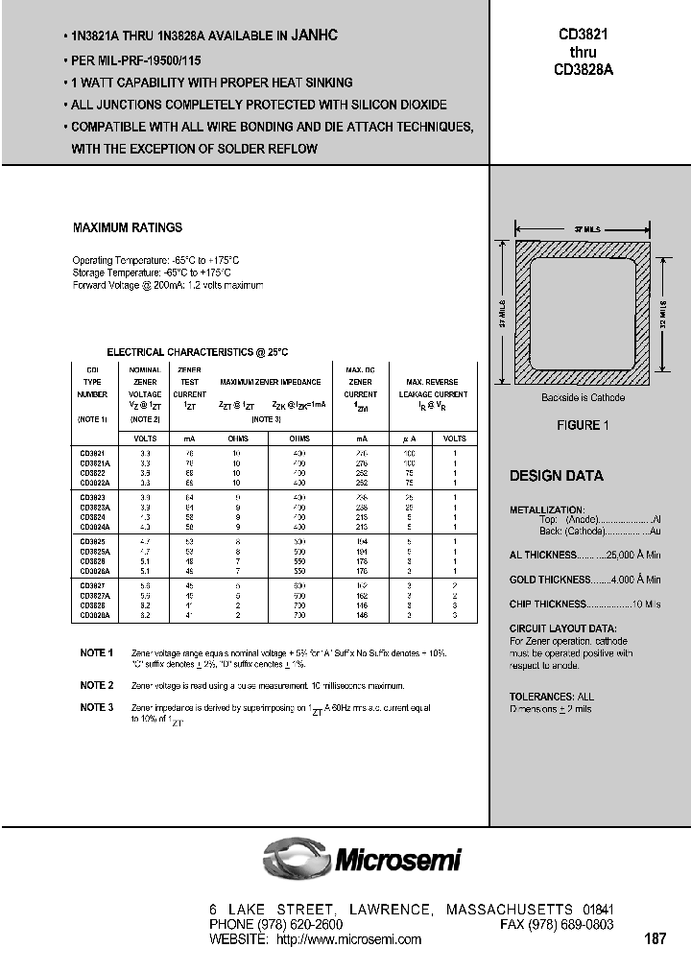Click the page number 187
656,939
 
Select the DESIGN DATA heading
556,476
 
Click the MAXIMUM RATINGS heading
128,228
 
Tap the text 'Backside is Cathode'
582,397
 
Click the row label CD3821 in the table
92,452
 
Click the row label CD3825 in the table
92,541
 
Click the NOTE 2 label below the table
97,685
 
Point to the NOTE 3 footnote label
97,707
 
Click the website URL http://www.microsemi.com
348,939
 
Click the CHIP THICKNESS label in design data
547,604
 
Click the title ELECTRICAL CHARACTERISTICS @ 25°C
197,353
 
